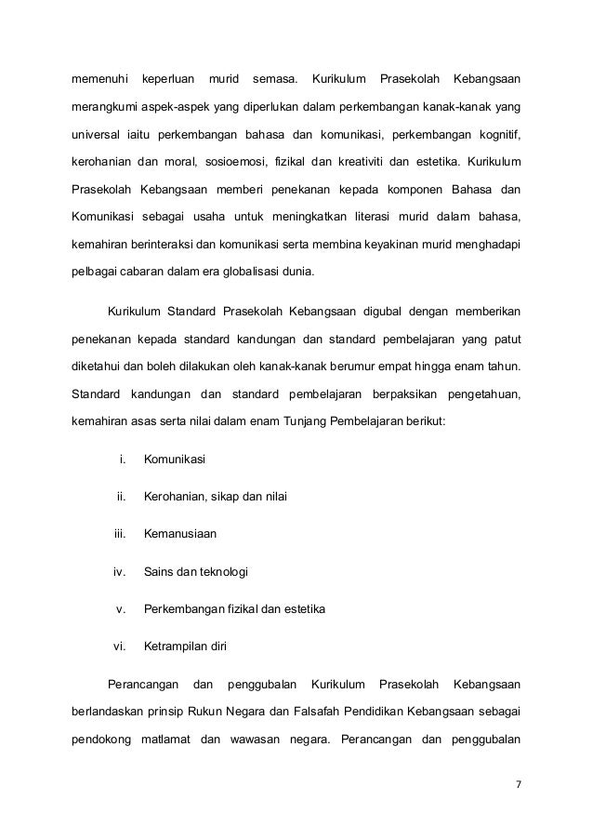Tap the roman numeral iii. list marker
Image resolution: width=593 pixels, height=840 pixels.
coord(119,534)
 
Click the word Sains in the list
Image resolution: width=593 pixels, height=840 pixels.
coord(159,571)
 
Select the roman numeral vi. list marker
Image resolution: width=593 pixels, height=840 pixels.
coord(118,646)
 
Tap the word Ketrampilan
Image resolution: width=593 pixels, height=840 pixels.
coord(179,646)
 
